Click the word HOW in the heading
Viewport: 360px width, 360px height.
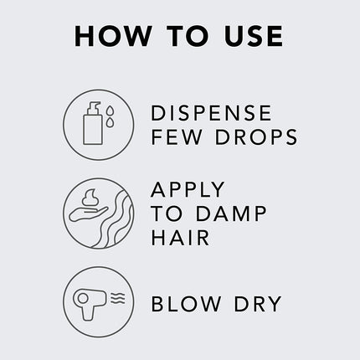pyautogui.click(x=113, y=36)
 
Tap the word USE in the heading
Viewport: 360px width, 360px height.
pyautogui.click(x=254, y=36)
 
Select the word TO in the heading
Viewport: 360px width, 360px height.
pyautogui.click(x=188, y=36)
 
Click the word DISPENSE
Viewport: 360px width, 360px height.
pyautogui.click(x=211, y=113)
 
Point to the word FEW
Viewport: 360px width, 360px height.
pyautogui.click(x=177, y=136)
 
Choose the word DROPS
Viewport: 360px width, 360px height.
pyautogui.click(x=256, y=136)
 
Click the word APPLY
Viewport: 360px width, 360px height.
pyautogui.click(x=188, y=189)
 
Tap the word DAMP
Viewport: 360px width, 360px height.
pyautogui.click(x=231, y=213)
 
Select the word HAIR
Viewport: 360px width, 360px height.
pyautogui.click(x=180, y=238)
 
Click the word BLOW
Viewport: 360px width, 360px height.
pyautogui.click(x=186, y=304)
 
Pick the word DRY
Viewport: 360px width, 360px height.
pyautogui.click(x=258, y=304)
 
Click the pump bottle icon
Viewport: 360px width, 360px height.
pyautogui.click(x=93, y=123)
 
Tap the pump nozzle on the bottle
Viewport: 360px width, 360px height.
pyautogui.click(x=94, y=106)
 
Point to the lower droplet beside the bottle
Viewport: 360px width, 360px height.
pyautogui.click(x=111, y=122)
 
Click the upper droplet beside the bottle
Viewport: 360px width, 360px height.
pyautogui.click(x=111, y=111)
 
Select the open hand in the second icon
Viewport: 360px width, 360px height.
pyautogui.click(x=88, y=214)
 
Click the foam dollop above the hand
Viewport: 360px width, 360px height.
pyautogui.click(x=90, y=198)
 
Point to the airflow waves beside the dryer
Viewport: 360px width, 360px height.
pyautogui.click(x=118, y=299)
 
